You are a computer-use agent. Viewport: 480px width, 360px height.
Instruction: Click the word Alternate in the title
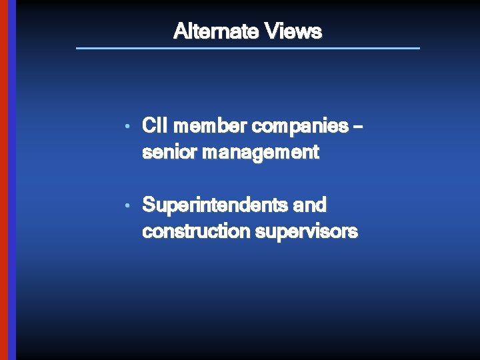click(x=216, y=31)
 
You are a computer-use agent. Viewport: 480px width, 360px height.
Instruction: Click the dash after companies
click(x=360, y=126)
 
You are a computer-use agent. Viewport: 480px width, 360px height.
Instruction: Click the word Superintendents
click(x=215, y=205)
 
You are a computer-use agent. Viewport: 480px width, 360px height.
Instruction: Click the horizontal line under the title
click(x=248, y=48)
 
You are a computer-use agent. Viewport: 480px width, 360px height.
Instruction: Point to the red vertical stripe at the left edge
click(x=3, y=180)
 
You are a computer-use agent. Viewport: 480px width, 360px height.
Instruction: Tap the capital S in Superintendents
click(x=149, y=204)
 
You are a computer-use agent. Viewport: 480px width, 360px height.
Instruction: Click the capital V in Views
click(x=272, y=31)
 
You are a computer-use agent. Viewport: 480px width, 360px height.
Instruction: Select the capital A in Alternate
click(x=179, y=31)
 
